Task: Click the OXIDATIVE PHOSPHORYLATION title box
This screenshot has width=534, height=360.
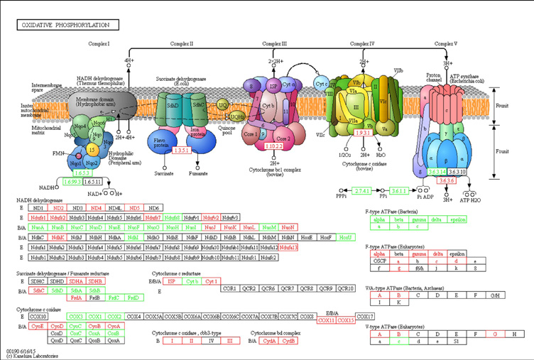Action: (x=68, y=25)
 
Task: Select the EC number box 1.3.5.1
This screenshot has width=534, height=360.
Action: (x=182, y=151)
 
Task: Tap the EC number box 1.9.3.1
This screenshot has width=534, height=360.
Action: (x=364, y=133)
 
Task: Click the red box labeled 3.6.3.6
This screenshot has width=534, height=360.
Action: (x=447, y=181)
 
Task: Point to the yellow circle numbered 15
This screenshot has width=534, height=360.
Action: (x=92, y=151)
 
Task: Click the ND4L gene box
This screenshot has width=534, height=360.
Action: (x=116, y=207)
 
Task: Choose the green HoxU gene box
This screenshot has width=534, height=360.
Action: (x=346, y=236)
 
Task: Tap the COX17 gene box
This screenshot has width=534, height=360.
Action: (x=364, y=316)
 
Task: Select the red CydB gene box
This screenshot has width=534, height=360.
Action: (x=288, y=342)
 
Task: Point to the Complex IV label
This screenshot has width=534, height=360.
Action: (x=362, y=44)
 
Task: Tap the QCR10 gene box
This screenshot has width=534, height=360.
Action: (x=346, y=288)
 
